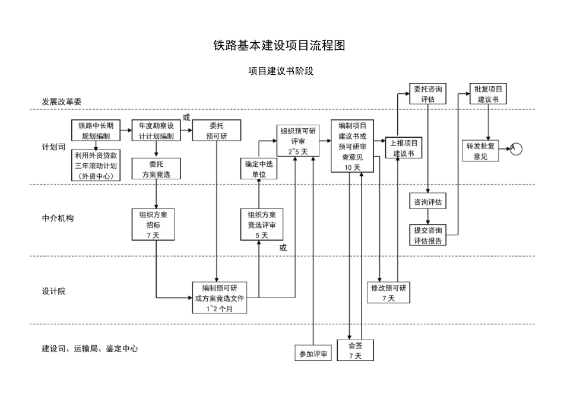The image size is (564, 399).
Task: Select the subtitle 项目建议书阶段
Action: point(280,71)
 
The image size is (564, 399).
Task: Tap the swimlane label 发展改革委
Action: point(61,102)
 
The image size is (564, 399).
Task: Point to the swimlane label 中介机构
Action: point(58,218)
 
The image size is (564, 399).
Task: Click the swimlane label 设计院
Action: point(53,292)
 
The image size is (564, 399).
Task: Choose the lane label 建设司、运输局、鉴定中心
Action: point(90,349)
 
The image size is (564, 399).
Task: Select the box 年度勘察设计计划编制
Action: point(156,131)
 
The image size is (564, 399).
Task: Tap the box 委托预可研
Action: point(217,131)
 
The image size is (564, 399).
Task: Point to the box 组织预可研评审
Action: point(297,141)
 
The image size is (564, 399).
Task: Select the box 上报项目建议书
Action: point(404,148)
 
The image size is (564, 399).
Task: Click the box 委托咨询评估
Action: point(427,94)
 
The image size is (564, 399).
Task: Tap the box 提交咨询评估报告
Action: point(427,235)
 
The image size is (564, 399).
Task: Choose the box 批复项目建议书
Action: point(488,94)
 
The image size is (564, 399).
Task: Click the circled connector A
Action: point(515,148)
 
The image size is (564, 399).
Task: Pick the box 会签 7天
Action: point(355,350)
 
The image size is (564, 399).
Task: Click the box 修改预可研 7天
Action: point(388,292)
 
